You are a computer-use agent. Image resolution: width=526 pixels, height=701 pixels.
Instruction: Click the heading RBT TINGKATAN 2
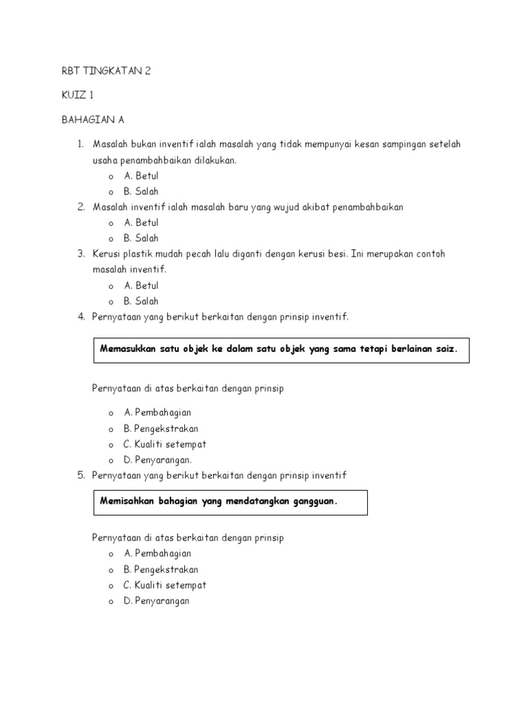(x=105, y=71)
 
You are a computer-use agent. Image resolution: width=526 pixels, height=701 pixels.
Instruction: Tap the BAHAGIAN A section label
(x=92, y=120)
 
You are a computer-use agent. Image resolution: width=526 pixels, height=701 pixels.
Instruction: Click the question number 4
(x=80, y=316)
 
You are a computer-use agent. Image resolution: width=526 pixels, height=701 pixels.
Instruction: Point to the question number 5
(x=80, y=475)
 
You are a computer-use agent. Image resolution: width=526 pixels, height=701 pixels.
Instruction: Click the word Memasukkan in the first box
(x=127, y=348)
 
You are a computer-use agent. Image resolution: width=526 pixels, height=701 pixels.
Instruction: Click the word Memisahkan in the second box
(x=127, y=501)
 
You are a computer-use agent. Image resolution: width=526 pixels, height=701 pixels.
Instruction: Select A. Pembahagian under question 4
(x=157, y=412)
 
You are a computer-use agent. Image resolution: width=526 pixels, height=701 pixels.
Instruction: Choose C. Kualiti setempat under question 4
(x=164, y=444)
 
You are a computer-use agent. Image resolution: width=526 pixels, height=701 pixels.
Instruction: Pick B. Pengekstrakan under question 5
(x=161, y=570)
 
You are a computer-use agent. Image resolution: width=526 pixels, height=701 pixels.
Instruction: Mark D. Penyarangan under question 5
(x=156, y=601)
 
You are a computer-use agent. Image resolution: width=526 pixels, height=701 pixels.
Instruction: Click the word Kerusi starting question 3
(x=108, y=254)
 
